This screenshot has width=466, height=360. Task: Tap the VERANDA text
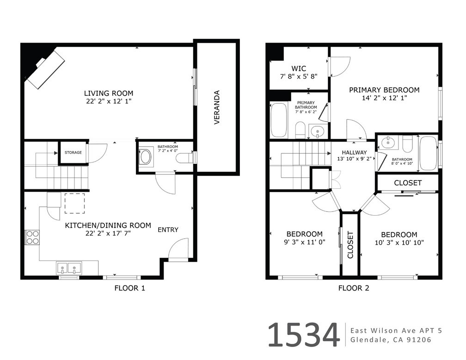tap(217, 107)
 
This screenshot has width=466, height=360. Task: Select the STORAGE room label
tap(73, 153)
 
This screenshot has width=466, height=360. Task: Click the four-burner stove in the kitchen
tap(32, 237)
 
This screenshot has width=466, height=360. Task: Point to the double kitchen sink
tap(69, 268)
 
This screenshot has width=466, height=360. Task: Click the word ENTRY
tap(168, 230)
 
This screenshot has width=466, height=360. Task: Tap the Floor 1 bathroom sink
tap(146, 156)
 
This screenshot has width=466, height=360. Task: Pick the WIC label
tap(299, 68)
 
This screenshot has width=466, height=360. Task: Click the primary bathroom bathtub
tap(279, 120)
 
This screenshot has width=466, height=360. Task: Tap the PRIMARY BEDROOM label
tap(384, 90)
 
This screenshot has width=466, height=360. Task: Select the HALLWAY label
tap(354, 152)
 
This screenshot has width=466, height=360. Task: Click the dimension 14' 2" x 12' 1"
tap(384, 98)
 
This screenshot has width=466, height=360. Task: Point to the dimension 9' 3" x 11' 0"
tap(304, 242)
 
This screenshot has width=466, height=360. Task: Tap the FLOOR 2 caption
tap(354, 288)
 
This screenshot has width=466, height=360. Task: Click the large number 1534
tap(303, 335)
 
